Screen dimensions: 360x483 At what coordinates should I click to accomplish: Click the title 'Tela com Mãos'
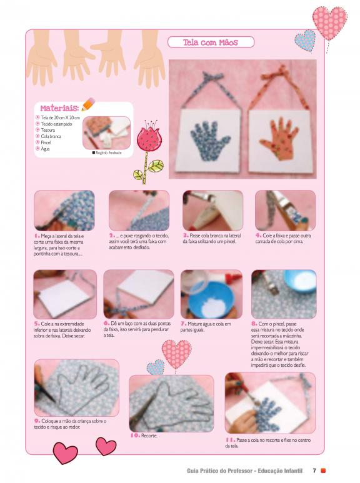[x=211, y=42]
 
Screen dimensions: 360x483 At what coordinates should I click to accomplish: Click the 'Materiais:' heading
[x=59, y=108]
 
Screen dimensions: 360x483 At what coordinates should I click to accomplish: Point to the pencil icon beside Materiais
[x=88, y=104]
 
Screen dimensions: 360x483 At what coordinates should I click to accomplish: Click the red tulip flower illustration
[x=147, y=152]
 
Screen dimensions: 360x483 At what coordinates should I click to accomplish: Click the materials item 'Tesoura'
[x=48, y=130]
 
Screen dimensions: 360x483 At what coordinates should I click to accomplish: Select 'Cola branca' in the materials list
[x=51, y=136]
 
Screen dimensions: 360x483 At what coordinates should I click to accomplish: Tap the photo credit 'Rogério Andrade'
[x=109, y=152]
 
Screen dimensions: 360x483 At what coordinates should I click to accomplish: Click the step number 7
[x=183, y=324]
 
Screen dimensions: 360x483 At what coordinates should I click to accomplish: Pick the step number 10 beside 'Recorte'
[x=135, y=436]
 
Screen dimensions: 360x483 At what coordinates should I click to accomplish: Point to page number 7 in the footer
[x=314, y=471]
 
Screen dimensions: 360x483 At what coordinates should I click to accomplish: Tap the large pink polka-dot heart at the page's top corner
[x=329, y=22]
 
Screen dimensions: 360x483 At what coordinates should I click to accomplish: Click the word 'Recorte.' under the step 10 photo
[x=149, y=436]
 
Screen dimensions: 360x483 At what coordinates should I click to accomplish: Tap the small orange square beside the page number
[x=323, y=471]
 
